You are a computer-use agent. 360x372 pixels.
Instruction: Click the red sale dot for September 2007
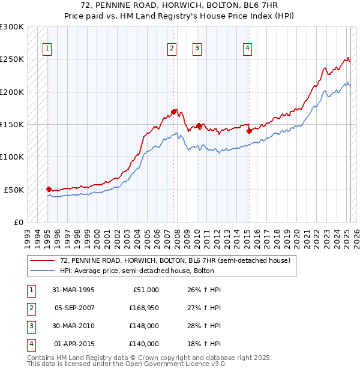tap(173, 112)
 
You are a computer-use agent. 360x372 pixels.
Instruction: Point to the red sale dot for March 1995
tap(49, 188)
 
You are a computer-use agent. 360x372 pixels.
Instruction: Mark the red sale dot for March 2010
tap(199, 125)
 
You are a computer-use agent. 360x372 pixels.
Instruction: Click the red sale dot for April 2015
tap(248, 130)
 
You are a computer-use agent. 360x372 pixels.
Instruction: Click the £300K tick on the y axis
tap(12, 27)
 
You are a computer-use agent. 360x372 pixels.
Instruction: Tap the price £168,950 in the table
tap(144, 308)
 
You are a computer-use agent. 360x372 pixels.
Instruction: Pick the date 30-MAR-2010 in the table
tap(73, 326)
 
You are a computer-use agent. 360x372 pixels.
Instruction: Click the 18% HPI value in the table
tap(200, 344)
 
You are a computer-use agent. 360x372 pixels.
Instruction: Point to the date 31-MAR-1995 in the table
tap(73, 290)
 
